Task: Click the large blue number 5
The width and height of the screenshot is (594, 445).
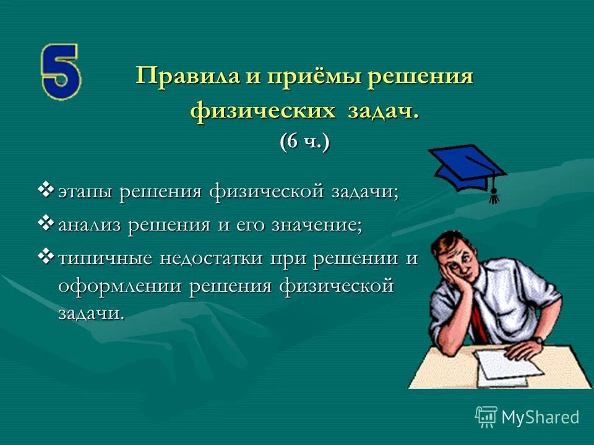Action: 60,72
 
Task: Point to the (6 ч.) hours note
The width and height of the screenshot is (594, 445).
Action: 304,142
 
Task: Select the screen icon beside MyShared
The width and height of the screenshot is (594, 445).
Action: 486,416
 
